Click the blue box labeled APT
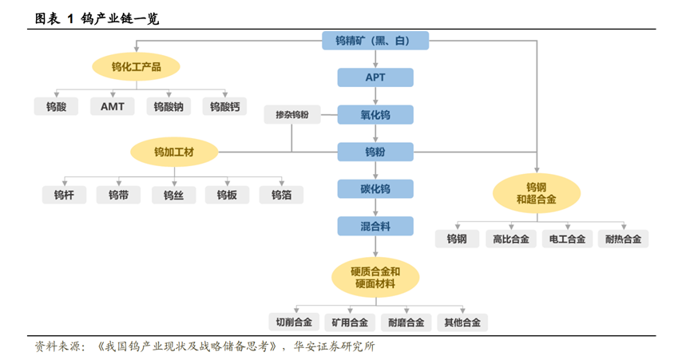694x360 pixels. point(375,77)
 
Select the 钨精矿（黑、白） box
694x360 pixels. point(375,41)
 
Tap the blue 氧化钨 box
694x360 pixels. point(375,115)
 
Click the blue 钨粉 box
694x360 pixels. point(375,152)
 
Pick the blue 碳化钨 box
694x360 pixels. point(375,189)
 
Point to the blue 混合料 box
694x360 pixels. point(375,227)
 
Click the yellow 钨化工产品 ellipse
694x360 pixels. point(136,67)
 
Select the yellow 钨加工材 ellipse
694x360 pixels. point(175,151)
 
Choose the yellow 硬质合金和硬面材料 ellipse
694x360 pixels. point(375,277)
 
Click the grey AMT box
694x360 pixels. point(113,106)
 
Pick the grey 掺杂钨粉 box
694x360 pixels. point(292,115)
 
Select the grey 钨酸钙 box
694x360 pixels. point(224,106)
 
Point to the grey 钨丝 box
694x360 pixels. point(173,195)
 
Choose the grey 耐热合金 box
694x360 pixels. point(624,239)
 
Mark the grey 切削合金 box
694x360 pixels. point(294,322)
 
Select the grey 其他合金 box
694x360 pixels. point(462,322)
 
